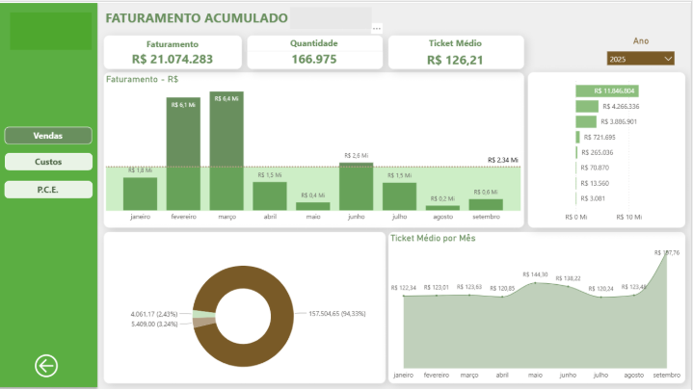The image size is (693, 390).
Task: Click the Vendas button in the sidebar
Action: (48, 136)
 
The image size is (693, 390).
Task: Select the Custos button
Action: (48, 162)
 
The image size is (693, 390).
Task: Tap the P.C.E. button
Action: (48, 189)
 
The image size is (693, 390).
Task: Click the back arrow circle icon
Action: (46, 365)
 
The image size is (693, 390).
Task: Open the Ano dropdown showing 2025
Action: (640, 59)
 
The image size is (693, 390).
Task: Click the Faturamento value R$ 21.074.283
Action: (173, 59)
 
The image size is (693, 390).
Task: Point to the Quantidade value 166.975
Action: (313, 59)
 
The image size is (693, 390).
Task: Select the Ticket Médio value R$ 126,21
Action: (455, 60)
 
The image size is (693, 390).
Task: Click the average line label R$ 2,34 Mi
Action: (503, 160)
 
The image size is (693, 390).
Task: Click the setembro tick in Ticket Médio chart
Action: (666, 375)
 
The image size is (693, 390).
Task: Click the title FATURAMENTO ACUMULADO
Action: (197, 18)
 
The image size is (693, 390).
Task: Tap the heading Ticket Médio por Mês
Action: (433, 238)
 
